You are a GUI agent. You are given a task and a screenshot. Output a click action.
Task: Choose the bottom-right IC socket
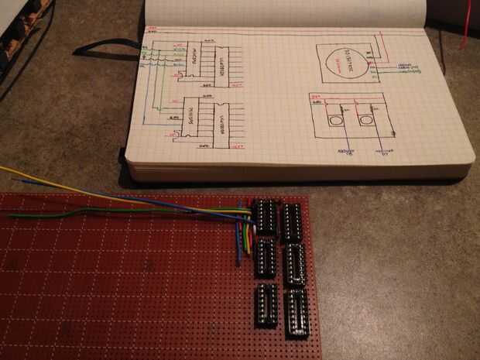click(296, 311)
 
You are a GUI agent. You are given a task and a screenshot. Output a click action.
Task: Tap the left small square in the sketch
click(334, 121)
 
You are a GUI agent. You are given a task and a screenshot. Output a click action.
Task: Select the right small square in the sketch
click(365, 120)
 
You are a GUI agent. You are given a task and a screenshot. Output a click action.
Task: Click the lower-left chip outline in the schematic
click(192, 120)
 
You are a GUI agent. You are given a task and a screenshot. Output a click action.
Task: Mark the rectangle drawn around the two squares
click(350, 116)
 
